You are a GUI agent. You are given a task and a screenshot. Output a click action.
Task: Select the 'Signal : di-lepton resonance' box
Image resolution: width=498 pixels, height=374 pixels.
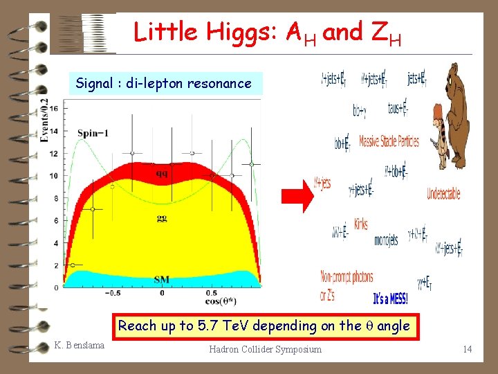(164, 84)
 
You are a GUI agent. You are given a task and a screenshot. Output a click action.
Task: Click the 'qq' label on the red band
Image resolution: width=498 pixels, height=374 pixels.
(161, 173)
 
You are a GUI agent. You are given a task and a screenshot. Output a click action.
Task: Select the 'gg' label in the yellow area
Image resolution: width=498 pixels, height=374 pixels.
(160, 219)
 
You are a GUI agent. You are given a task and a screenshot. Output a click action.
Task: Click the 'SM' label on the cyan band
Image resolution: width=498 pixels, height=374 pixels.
(160, 280)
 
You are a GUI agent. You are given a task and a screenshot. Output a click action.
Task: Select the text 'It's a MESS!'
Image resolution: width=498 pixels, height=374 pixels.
(390, 299)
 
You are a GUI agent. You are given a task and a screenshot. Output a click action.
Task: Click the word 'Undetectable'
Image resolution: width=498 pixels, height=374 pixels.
(443, 194)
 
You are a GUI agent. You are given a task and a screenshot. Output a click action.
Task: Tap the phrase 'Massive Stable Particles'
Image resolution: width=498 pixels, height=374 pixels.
(389, 141)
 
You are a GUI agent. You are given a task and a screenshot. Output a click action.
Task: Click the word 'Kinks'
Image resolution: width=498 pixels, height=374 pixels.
(360, 224)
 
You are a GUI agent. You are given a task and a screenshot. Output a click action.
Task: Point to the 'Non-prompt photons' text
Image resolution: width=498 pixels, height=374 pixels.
(347, 277)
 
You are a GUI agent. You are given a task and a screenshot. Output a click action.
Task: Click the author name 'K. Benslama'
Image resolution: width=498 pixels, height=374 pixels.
(79, 345)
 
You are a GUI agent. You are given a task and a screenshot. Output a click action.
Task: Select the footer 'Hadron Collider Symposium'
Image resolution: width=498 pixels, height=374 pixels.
(265, 349)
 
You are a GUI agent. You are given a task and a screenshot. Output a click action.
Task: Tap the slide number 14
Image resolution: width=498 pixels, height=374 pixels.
(468, 349)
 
